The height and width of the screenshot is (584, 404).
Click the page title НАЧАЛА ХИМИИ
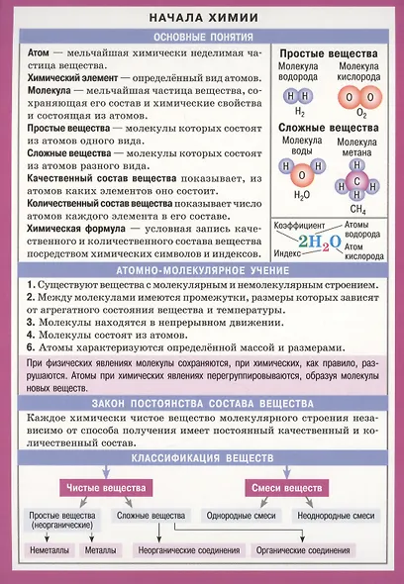pos(203,17)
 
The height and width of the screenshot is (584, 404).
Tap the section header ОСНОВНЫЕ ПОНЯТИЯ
pos(203,35)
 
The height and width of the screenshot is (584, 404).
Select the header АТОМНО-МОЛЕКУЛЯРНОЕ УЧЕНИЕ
pos(203,269)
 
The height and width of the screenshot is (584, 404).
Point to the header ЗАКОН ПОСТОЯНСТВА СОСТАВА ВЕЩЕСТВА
pos(203,406)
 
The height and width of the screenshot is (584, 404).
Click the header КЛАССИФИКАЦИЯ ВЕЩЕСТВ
pos(203,460)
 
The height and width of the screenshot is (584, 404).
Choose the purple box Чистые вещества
pos(107,489)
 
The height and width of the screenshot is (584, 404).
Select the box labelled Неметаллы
pos(50,550)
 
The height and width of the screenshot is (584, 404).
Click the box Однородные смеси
pos(237,516)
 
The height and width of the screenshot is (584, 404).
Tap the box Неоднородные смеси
pos(336,516)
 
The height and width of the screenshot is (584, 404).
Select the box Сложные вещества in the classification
pos(151,516)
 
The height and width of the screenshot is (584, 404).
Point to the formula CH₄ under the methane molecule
pos(357,210)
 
